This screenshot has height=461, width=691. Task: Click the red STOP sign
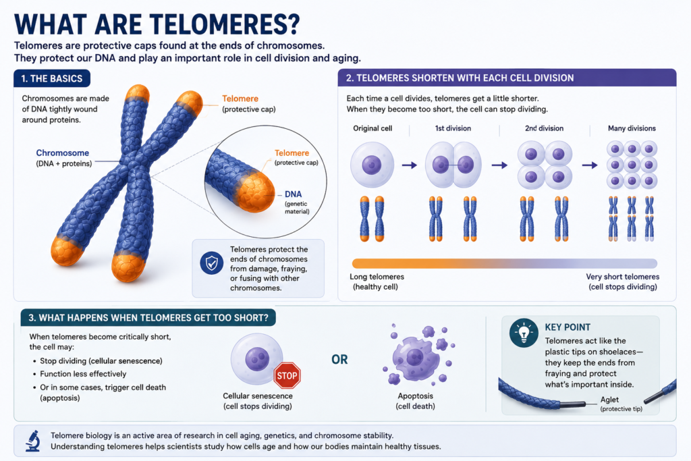coord(287,375)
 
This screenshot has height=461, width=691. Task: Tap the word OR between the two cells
coord(339,360)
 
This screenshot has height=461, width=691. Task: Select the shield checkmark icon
coord(211,263)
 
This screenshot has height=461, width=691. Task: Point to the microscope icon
coord(33,441)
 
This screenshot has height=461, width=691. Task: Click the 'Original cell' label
coord(372,128)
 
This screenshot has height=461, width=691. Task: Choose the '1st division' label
coord(453,128)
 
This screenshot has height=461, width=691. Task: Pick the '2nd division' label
coord(545,128)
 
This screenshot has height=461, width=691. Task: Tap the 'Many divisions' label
coord(632,128)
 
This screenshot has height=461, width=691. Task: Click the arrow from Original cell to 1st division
coord(410,165)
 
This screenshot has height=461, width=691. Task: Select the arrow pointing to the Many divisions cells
coord(590,165)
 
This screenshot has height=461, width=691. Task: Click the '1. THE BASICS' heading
coord(52,78)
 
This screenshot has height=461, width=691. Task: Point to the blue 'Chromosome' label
coord(63,153)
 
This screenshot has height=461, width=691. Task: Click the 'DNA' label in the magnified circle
coord(293,194)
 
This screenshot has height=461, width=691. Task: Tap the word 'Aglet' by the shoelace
coord(609,400)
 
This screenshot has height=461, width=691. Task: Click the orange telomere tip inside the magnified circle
coord(254,192)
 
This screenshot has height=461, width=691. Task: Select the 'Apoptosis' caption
coord(416,396)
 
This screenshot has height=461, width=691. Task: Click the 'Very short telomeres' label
coord(623,277)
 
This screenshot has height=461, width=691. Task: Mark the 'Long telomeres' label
coord(377,277)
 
